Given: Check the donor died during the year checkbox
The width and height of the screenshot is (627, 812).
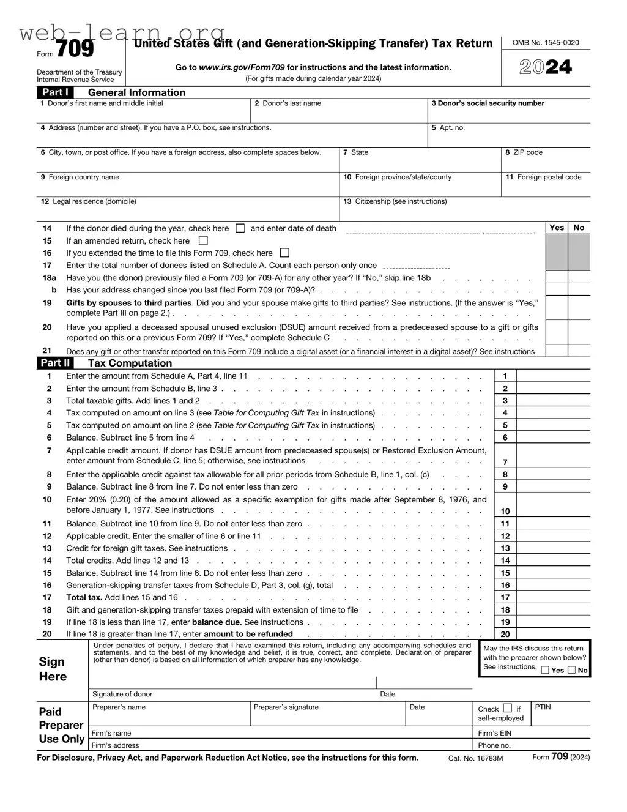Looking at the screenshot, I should (240, 228).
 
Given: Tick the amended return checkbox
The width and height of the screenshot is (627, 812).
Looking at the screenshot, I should (203, 240).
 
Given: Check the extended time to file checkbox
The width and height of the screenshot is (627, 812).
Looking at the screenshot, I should (284, 253).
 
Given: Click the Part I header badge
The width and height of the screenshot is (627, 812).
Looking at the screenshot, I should (55, 92).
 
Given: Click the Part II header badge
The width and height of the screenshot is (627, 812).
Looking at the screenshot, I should (55, 363).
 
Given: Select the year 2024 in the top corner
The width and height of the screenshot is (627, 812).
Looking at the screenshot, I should (546, 67).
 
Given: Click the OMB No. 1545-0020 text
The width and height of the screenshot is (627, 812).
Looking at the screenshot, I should (546, 43).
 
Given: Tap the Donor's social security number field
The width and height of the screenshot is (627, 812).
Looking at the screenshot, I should (509, 114).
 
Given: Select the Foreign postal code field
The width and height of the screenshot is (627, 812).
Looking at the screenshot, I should (546, 187).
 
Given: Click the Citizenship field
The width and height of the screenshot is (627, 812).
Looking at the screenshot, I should (465, 212).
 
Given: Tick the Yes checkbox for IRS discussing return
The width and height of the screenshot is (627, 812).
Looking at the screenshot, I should (545, 670).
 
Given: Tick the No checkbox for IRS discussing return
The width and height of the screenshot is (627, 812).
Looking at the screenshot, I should (571, 670).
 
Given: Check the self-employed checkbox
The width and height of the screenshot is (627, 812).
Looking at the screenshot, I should (508, 709).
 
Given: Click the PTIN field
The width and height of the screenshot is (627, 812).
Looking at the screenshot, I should (561, 717).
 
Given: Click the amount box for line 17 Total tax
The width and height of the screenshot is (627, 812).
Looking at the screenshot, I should (553, 597).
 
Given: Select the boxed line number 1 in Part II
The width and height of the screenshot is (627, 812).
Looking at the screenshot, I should (505, 376).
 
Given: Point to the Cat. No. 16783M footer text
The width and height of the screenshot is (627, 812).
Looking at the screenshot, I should (475, 758).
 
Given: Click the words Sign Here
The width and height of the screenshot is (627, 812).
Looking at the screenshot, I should (53, 669).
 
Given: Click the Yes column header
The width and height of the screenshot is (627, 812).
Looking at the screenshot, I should (557, 228).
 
